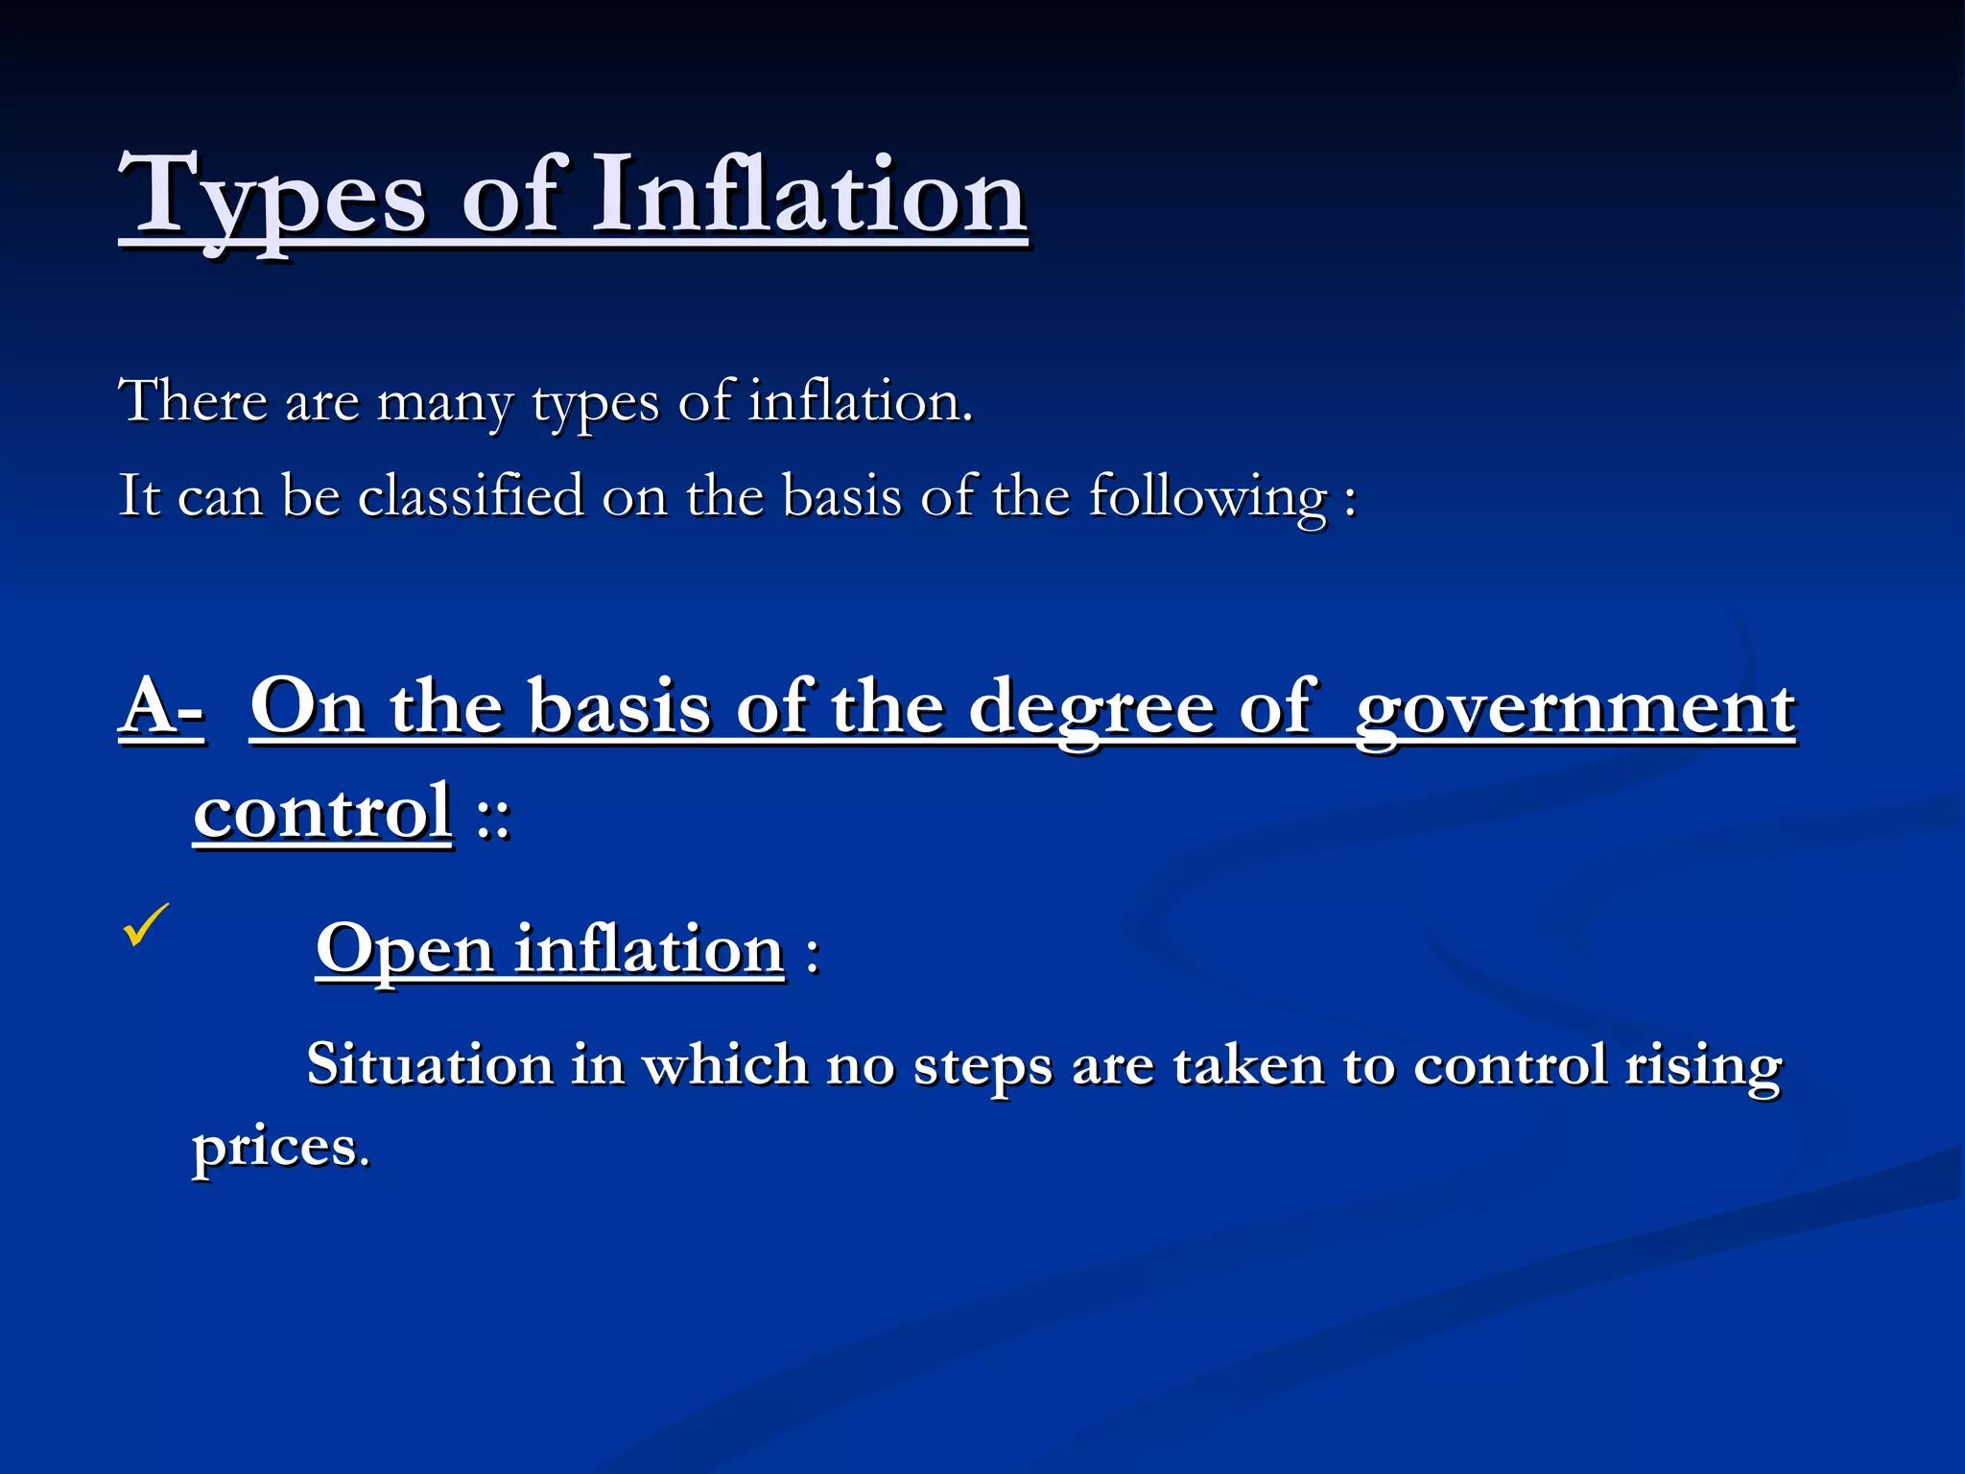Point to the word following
(x=1208, y=497)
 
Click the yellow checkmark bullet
(x=146, y=925)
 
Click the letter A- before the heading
(x=161, y=707)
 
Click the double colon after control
(x=494, y=818)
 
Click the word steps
(x=982, y=1066)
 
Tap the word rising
(x=1703, y=1066)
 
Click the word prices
(x=280, y=1147)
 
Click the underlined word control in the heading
(x=322, y=813)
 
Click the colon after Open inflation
(x=813, y=955)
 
